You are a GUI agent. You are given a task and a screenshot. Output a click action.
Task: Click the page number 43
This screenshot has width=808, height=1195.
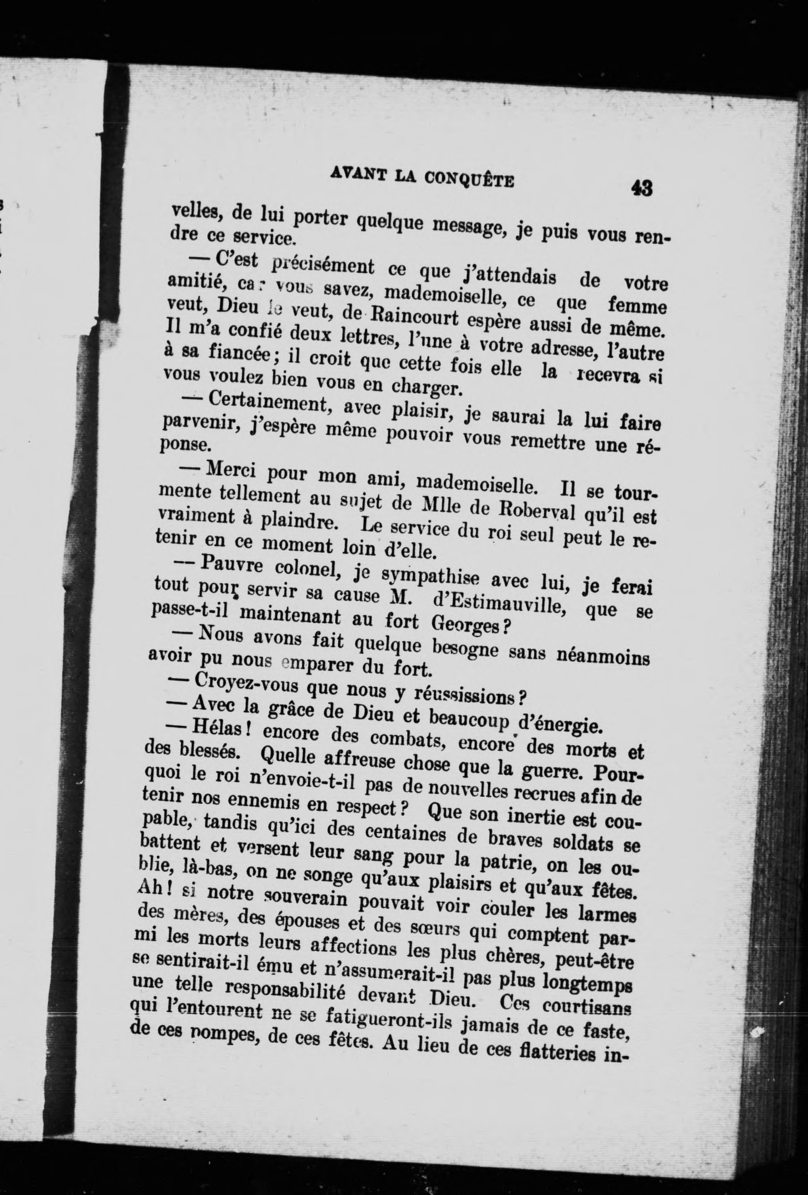(x=642, y=188)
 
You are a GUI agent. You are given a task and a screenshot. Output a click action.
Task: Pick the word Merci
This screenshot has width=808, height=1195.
(x=232, y=470)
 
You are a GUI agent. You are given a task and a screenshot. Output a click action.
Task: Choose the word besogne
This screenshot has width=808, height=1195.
(x=465, y=648)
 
